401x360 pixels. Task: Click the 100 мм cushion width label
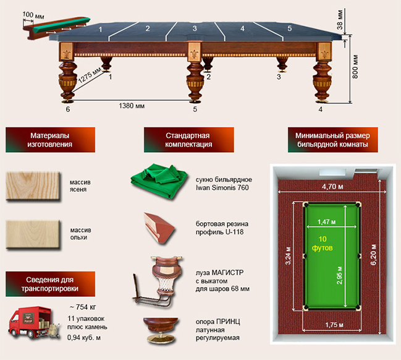(33, 15)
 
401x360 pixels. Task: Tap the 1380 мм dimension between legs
(132, 106)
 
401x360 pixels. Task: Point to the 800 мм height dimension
(355, 67)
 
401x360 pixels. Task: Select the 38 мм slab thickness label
(340, 20)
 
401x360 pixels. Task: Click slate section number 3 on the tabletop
(195, 28)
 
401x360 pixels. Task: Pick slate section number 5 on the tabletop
(290, 28)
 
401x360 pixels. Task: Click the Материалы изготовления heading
(50, 140)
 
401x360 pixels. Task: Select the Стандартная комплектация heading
(188, 140)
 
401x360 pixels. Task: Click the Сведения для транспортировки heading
(50, 284)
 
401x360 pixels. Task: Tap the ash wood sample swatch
(33, 186)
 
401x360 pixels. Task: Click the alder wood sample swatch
(33, 234)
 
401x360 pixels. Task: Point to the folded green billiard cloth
(159, 181)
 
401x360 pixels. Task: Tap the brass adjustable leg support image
(161, 330)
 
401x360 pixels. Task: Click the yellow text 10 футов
(323, 244)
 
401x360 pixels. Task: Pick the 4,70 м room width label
(332, 187)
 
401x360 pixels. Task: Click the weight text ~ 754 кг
(83, 307)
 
